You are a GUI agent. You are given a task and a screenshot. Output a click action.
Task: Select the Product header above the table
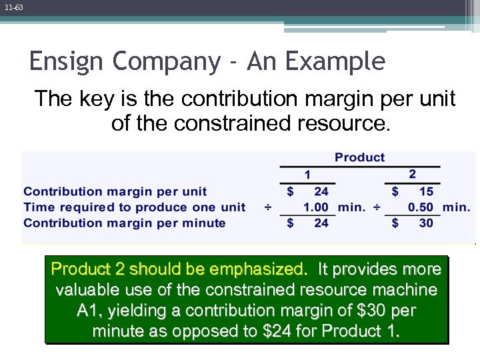click(x=359, y=157)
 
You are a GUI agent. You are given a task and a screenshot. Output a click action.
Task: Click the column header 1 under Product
click(x=307, y=175)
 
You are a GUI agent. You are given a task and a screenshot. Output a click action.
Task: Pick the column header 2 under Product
click(x=412, y=174)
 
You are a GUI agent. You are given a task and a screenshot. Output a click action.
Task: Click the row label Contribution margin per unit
click(x=115, y=191)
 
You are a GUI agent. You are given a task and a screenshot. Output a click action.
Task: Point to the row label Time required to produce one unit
click(x=135, y=207)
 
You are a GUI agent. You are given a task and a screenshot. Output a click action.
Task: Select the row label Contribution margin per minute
click(x=125, y=223)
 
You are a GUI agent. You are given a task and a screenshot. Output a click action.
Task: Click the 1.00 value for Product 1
click(x=316, y=207)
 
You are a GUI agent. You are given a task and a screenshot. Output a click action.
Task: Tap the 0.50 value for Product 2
click(x=421, y=207)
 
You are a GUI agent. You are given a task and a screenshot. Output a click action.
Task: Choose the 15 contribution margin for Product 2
click(x=426, y=191)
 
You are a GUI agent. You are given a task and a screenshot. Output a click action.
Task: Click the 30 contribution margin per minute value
click(x=426, y=223)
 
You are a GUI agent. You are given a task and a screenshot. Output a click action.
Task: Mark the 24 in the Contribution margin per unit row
click(x=321, y=191)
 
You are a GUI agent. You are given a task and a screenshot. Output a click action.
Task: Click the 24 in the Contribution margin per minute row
click(x=321, y=223)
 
